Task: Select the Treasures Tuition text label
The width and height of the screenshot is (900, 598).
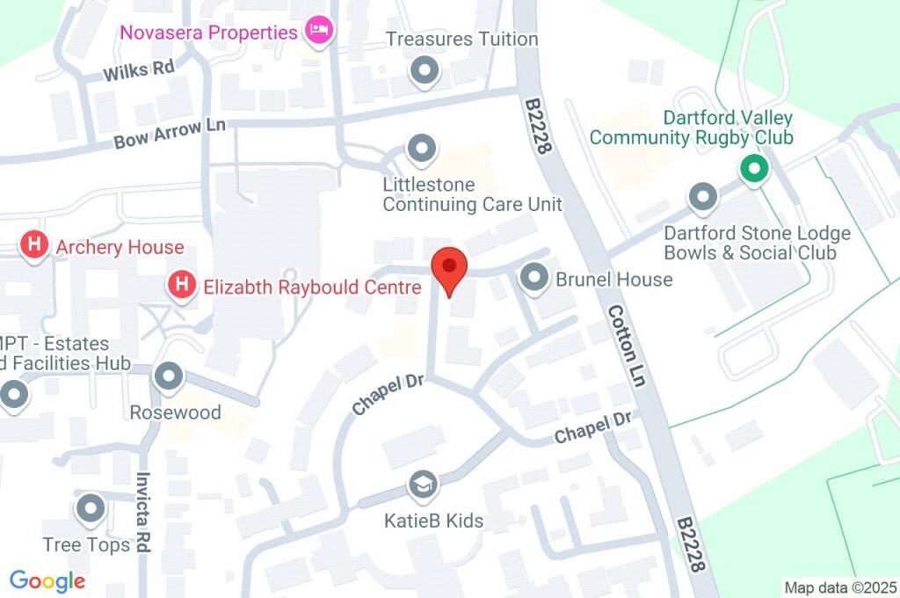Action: coord(462,40)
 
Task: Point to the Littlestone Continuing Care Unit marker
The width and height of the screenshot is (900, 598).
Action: coord(422,149)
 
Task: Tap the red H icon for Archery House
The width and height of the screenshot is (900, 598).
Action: coord(34,245)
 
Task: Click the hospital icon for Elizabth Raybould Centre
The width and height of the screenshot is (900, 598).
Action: coord(182,285)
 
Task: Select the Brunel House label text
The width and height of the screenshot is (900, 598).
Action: coord(613,280)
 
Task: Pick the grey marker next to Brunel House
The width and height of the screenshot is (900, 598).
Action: coord(533,279)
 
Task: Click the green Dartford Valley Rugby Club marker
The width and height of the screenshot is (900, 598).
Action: coord(752,167)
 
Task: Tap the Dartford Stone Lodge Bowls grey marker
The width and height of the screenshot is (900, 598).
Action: coord(702,198)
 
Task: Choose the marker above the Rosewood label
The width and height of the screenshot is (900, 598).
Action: coord(168,377)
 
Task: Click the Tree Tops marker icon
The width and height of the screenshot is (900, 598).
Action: coord(91,508)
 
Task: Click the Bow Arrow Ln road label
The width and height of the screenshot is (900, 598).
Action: coord(170,134)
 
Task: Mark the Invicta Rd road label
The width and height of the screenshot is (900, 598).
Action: coord(143,513)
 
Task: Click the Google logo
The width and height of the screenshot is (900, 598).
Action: coord(47,580)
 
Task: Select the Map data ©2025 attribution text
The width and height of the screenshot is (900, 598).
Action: coord(839,587)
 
